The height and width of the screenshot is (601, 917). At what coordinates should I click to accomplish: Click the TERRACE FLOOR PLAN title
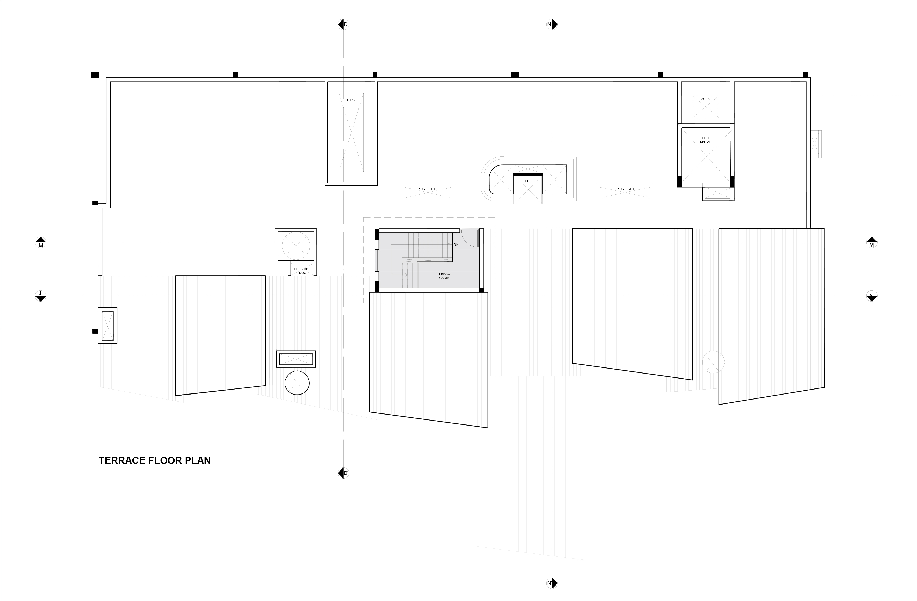point(155,460)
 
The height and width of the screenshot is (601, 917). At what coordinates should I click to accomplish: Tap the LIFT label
point(528,181)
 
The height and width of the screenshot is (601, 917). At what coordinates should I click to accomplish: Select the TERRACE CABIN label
point(444,276)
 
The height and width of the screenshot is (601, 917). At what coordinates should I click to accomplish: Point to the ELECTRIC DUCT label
point(302,271)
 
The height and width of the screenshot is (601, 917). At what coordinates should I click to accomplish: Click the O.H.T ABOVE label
point(705,140)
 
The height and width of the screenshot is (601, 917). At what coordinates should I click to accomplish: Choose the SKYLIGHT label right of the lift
point(626,189)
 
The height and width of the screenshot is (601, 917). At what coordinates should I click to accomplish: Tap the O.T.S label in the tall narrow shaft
point(350,100)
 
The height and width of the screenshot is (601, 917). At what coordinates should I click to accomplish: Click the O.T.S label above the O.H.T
point(705,99)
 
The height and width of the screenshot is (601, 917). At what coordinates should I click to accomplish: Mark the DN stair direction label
point(456,245)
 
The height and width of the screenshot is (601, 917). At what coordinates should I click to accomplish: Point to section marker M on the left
point(40,242)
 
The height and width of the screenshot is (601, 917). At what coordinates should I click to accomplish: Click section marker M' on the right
point(872,242)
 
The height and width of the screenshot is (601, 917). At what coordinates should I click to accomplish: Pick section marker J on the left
point(40,296)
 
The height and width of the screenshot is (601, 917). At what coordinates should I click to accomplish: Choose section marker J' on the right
point(872,296)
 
